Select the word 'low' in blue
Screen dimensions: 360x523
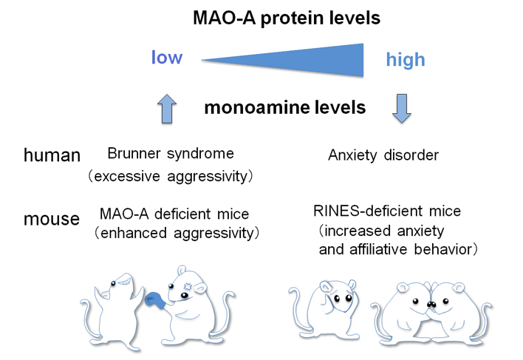[166, 58]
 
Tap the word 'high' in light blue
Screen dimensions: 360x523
[406, 60]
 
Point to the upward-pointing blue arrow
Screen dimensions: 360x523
[168, 109]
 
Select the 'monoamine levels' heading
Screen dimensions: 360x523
[284, 108]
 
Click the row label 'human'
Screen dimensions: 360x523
[52, 155]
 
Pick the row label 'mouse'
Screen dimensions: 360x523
[52, 220]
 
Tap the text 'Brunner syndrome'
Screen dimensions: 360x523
[170, 154]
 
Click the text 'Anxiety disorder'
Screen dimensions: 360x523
[383, 155]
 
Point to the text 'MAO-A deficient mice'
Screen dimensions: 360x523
[174, 214]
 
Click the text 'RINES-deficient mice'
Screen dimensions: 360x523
[386, 211]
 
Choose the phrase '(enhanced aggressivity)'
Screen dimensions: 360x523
[174, 234]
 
